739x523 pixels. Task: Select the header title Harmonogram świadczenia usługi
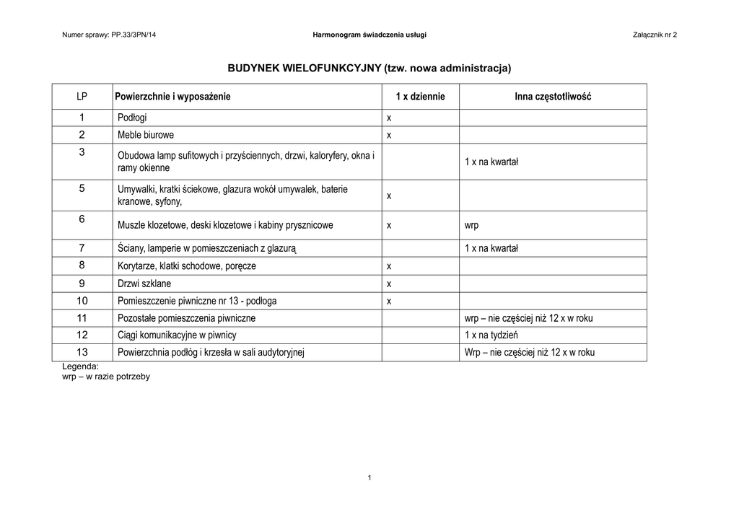(369, 35)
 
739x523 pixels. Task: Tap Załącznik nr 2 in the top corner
(655, 35)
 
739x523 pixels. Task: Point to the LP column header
(82, 97)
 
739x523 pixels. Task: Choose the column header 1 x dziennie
(420, 97)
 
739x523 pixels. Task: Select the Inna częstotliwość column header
(553, 97)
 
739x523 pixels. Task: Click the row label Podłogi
(132, 118)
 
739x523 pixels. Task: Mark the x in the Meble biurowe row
(388, 135)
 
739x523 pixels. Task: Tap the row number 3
(82, 152)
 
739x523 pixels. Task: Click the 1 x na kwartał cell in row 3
(491, 162)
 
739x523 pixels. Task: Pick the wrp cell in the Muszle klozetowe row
(471, 225)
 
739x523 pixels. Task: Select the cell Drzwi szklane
(144, 284)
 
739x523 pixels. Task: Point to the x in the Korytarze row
(388, 266)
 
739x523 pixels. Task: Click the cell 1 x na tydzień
(491, 335)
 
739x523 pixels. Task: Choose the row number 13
(82, 353)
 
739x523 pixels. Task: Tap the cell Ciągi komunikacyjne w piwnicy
(177, 335)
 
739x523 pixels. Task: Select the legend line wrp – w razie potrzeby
(106, 377)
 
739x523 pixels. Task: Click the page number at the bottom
(369, 478)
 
